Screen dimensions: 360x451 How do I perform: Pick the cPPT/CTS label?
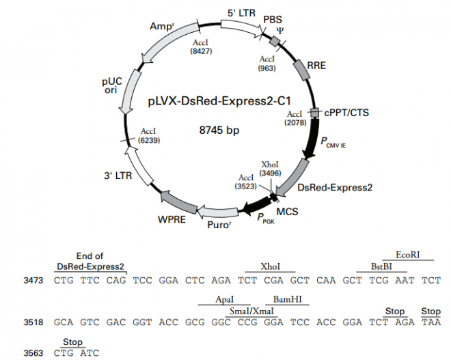(x=346, y=113)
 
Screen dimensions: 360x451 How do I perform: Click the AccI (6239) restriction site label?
(x=149, y=135)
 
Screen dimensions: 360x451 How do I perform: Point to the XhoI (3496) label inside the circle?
(x=270, y=168)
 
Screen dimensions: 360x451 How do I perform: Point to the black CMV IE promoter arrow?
(x=313, y=140)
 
